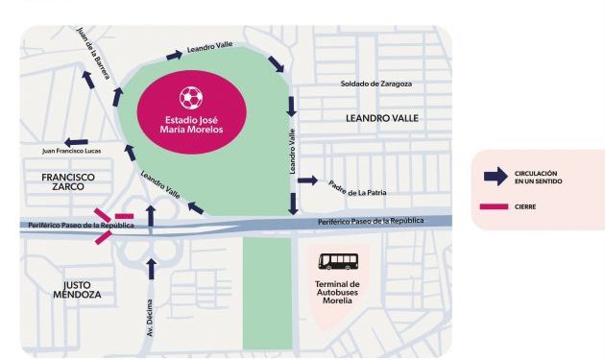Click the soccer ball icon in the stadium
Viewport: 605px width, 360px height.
point(192,97)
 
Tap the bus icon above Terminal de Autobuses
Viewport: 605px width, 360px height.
point(338,261)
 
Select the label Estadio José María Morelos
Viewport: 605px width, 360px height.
point(192,124)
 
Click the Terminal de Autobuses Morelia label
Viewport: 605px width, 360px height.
point(338,292)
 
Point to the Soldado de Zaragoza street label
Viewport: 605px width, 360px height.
point(376,84)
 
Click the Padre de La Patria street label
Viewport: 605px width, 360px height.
point(357,186)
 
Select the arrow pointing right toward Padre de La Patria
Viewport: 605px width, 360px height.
point(307,180)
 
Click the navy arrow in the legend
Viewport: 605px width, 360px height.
point(495,177)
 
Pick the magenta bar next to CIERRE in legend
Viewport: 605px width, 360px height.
point(495,206)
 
